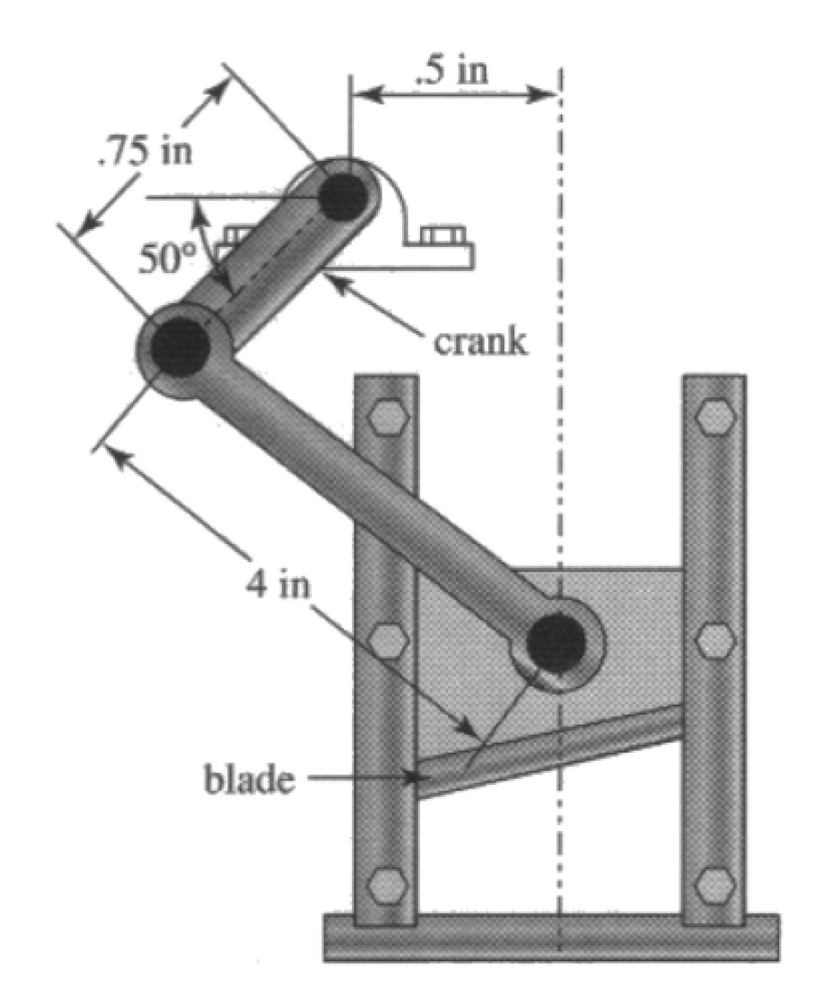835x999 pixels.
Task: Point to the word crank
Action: click(x=480, y=341)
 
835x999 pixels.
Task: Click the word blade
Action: click(x=250, y=780)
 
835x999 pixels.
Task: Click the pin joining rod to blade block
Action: click(x=555, y=641)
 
